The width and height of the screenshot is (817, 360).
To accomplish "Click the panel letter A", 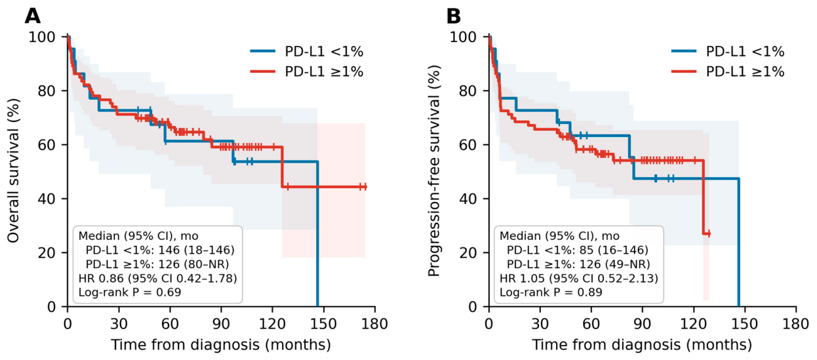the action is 33,16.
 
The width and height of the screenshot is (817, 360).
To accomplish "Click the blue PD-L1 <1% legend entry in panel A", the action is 307,51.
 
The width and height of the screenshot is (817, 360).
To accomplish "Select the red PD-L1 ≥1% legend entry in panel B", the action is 728,71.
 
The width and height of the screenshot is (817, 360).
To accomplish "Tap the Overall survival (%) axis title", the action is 13,170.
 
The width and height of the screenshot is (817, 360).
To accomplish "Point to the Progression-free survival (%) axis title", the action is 433,170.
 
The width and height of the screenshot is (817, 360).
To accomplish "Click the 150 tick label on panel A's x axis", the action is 324,323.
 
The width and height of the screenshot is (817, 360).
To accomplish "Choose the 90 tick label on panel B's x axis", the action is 642,323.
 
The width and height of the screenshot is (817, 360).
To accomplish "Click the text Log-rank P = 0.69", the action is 129,292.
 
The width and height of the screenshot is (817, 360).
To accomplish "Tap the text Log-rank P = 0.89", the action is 551,292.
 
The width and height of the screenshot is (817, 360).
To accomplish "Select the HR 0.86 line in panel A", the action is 157,278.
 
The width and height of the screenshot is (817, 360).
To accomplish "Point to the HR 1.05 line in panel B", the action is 579,278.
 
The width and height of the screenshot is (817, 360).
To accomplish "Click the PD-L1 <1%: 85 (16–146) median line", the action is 578,250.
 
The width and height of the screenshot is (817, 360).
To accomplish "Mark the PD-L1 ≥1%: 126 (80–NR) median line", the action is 157,264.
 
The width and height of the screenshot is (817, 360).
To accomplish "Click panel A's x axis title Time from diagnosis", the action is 221,345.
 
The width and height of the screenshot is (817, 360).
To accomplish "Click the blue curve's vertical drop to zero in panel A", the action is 317,234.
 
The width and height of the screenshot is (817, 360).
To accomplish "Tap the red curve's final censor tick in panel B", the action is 709,233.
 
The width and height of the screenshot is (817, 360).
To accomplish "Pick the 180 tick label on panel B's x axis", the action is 795,323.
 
